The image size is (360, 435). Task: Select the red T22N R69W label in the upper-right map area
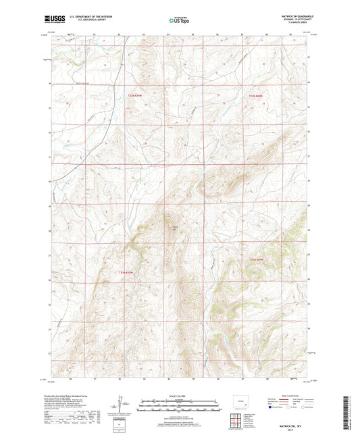tap(252, 97)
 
